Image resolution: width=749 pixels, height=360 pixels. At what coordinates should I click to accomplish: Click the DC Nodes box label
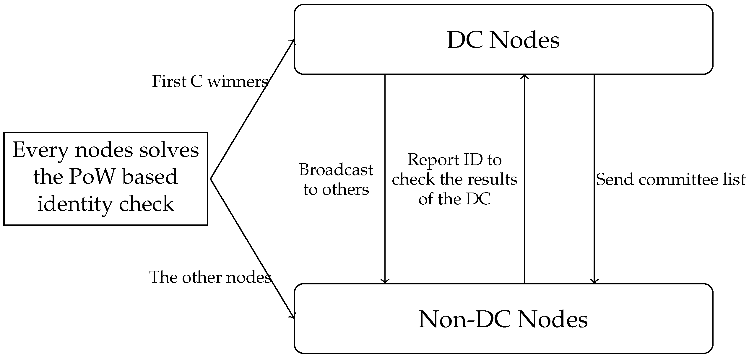pos(503,40)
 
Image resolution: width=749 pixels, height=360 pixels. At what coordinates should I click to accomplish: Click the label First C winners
pos(210,82)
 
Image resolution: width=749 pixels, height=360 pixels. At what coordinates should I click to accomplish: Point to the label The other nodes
pos(210,277)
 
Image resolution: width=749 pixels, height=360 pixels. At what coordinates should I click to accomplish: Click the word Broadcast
pos(336,170)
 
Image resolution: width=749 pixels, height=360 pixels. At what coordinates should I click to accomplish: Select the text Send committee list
pos(671,180)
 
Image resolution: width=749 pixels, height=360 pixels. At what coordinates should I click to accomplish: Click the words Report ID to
pos(454,160)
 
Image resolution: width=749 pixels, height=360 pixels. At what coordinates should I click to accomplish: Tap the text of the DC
pos(454,199)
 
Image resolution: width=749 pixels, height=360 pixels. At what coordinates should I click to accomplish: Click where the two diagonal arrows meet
pos(210,179)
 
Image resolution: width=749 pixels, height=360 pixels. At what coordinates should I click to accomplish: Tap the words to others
pos(336,189)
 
